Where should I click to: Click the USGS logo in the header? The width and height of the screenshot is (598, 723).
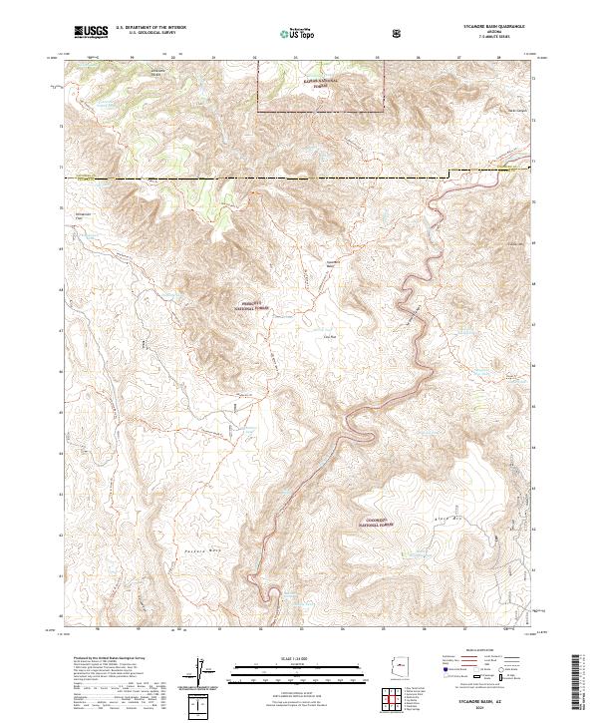(92, 33)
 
